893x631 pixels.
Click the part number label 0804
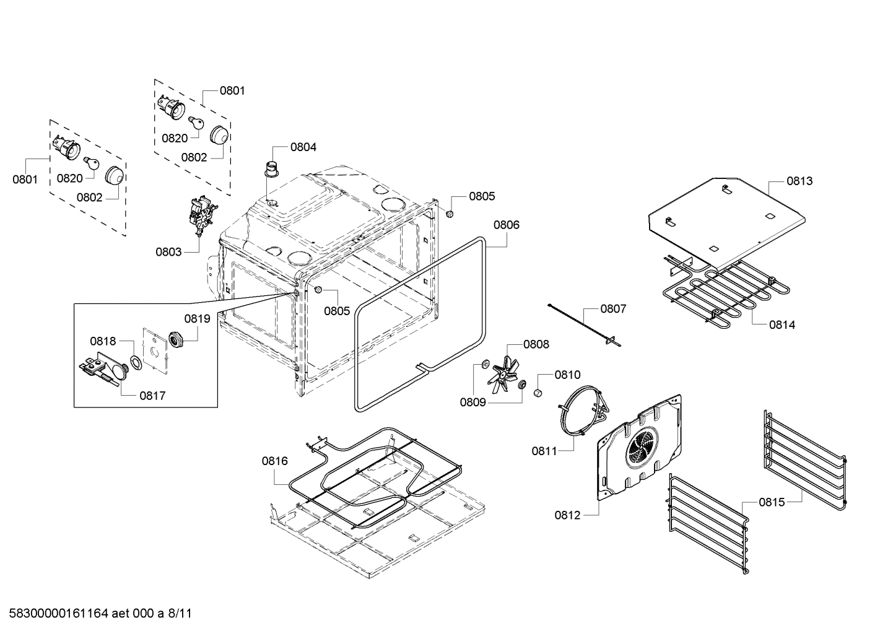point(303,147)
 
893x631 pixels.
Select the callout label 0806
point(507,225)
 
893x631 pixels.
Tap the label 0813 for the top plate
point(799,181)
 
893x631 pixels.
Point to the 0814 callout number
point(782,324)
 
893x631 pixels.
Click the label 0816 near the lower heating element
point(274,461)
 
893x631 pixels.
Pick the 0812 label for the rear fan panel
point(568,515)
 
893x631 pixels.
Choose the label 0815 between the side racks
point(772,502)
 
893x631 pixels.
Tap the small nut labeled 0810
point(538,392)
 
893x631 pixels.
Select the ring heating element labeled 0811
point(580,411)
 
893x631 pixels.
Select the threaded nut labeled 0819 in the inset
point(177,339)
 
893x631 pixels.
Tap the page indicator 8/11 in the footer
point(180,614)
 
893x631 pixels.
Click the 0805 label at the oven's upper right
point(482,196)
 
